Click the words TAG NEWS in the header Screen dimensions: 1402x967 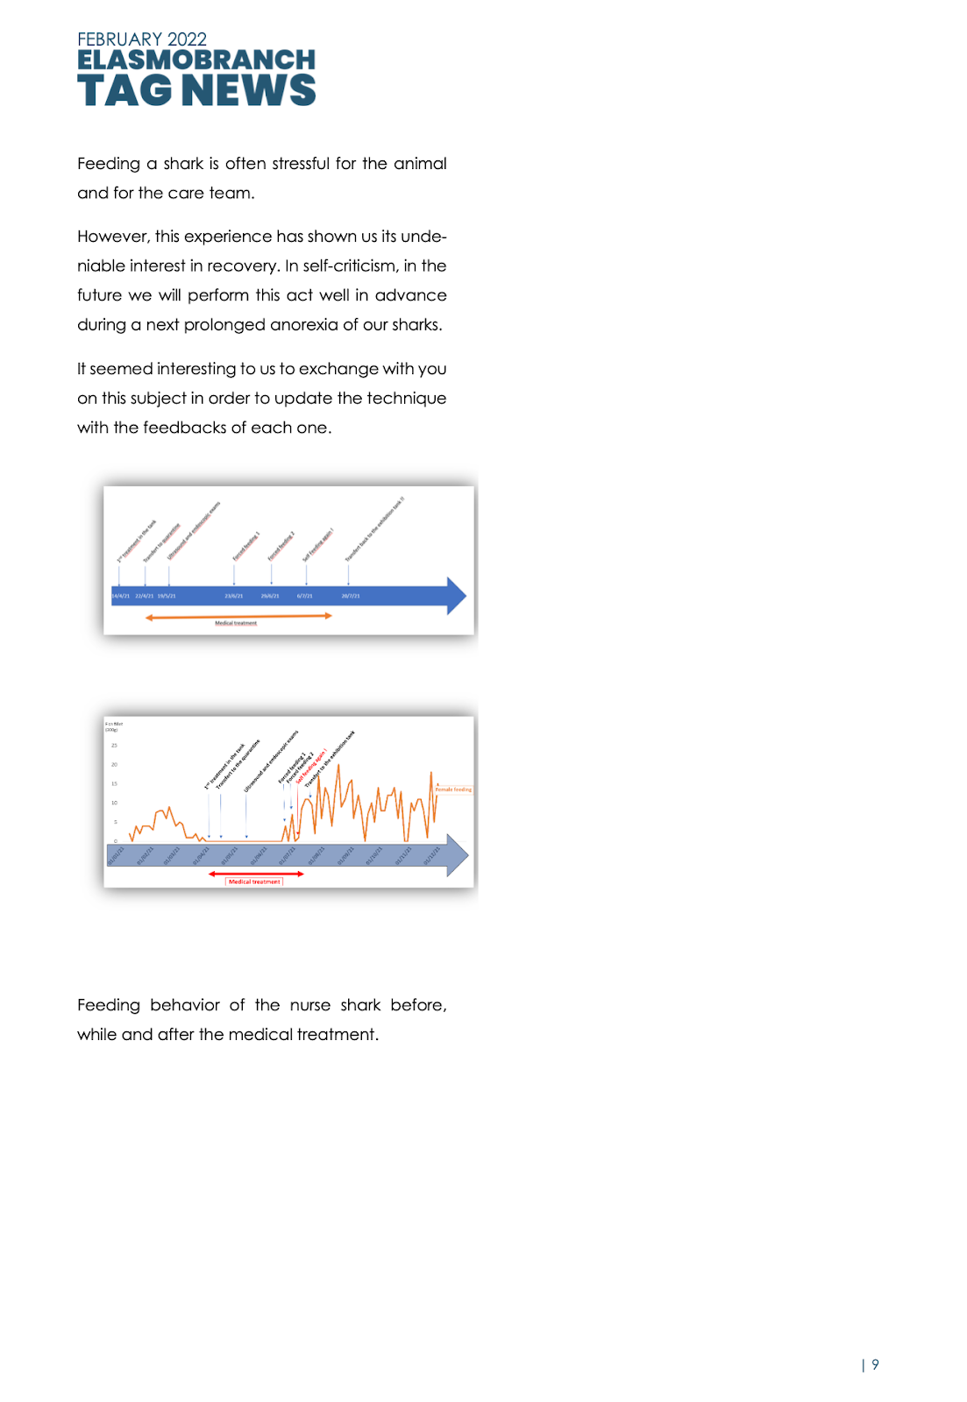pyautogui.click(x=196, y=90)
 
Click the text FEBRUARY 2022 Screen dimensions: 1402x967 pyautogui.click(x=142, y=39)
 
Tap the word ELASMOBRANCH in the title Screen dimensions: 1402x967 pyautogui.click(x=196, y=60)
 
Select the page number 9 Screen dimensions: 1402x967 pyautogui.click(x=875, y=1364)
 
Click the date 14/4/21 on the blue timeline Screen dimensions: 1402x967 pyautogui.click(x=120, y=596)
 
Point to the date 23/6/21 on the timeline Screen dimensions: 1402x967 pyautogui.click(x=233, y=596)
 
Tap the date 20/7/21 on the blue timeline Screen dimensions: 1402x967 pyautogui.click(x=351, y=596)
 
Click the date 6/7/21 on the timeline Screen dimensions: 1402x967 pyautogui.click(x=304, y=596)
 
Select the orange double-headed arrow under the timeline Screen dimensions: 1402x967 pyautogui.click(x=238, y=616)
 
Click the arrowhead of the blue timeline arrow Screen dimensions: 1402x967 pyautogui.click(x=457, y=596)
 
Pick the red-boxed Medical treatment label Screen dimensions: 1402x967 pyautogui.click(x=254, y=882)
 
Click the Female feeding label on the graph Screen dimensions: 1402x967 pyautogui.click(x=453, y=790)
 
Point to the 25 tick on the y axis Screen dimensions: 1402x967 pyautogui.click(x=114, y=746)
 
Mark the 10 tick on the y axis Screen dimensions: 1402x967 pyautogui.click(x=114, y=803)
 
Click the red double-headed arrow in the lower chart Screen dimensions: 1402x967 pyautogui.click(x=256, y=874)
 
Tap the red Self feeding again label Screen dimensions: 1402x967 pyautogui.click(x=312, y=765)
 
